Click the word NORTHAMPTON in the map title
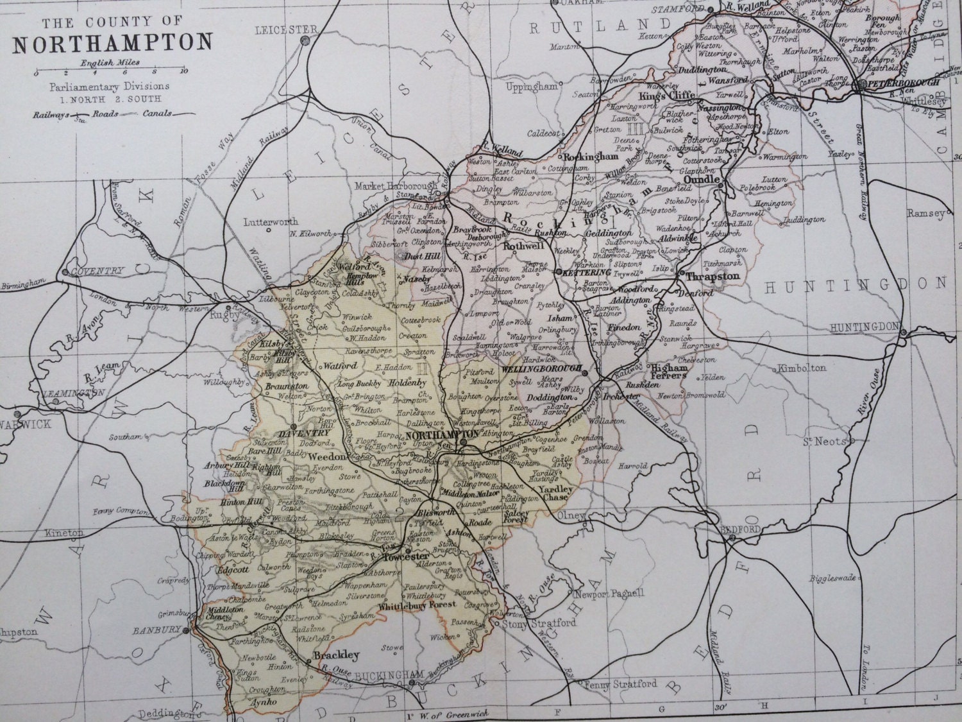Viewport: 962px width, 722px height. point(112,42)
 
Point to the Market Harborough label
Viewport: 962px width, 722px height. point(393,185)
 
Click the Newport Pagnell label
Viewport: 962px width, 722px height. point(609,594)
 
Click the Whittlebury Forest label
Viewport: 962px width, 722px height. point(418,605)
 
